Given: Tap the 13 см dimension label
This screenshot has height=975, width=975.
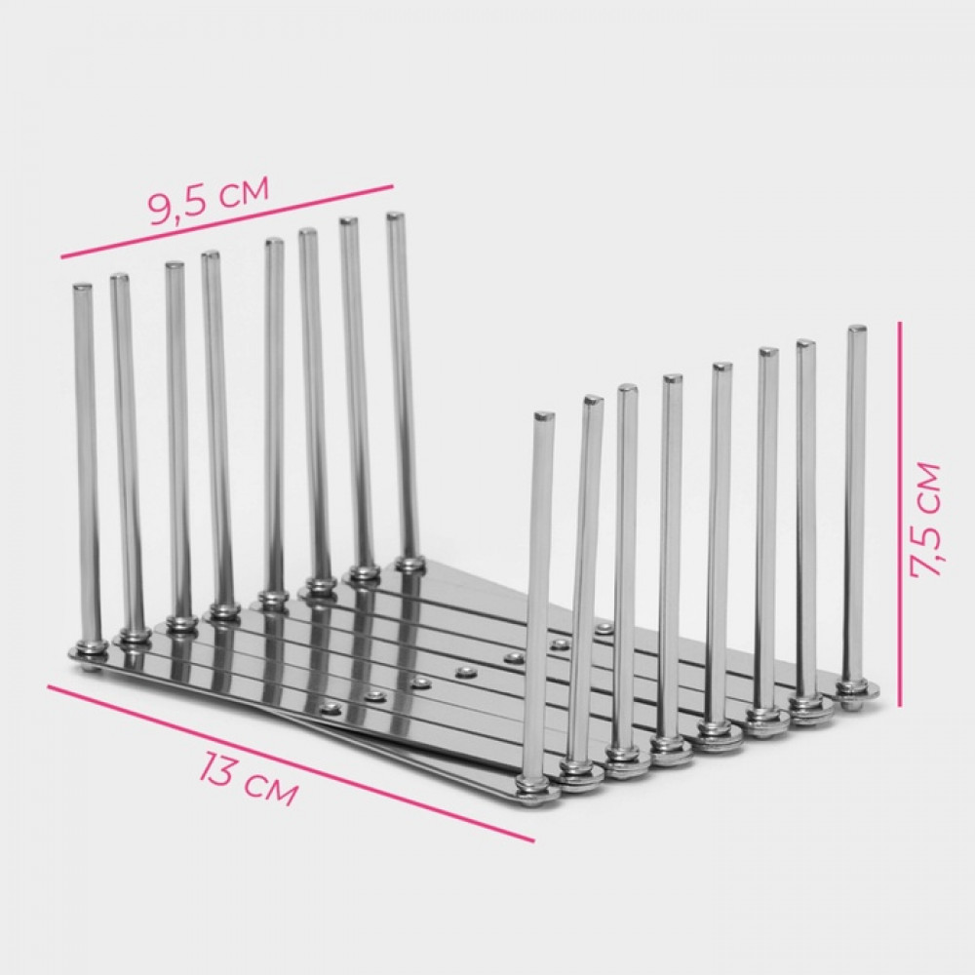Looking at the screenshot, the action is [x=249, y=779].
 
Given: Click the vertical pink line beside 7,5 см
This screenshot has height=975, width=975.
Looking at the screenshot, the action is [x=900, y=514].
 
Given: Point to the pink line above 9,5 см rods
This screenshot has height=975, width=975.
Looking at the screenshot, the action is [x=227, y=220].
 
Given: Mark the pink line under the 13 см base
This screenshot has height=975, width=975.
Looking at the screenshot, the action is [x=291, y=763].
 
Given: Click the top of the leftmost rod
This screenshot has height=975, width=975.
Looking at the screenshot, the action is [x=83, y=288].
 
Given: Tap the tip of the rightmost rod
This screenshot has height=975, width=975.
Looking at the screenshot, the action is [x=857, y=329].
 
